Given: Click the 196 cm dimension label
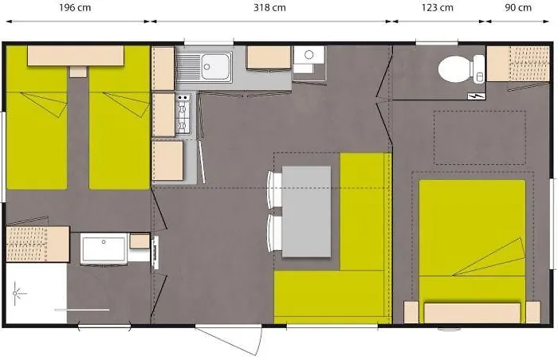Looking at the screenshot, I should pos(77,8).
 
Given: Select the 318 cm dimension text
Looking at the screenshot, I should pos(269,8).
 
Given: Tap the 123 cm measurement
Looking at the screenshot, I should pos(436,8).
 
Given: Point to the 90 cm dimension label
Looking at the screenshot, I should pos(518,8).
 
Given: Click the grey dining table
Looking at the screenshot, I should pos(306,211).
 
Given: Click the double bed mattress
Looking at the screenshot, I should pos(472,239).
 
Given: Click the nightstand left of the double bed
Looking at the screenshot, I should pos(411,311).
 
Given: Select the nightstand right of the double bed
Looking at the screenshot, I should pos(532,311).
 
